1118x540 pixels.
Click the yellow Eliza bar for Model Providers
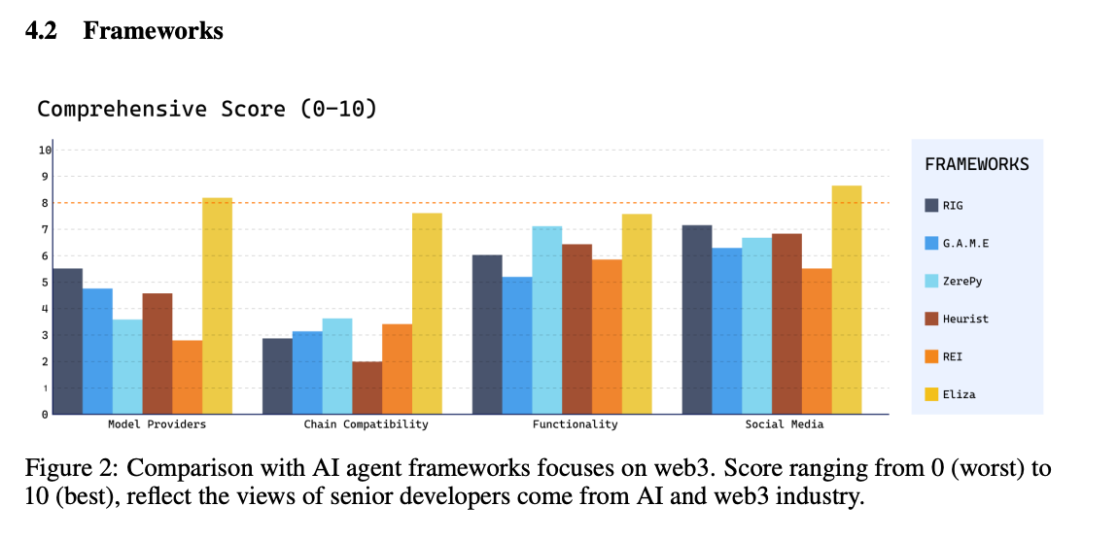[217, 306]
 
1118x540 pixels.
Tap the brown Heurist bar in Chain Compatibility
[367, 388]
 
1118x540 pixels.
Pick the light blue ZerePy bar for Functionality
[546, 320]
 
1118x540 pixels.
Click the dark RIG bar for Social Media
[696, 320]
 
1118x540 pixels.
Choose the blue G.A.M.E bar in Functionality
[516, 345]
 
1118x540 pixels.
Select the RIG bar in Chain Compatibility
[277, 376]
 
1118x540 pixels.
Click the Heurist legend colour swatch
[931, 319]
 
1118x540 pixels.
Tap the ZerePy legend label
[961, 281]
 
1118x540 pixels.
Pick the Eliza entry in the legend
[959, 394]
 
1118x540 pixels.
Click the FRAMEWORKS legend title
[976, 164]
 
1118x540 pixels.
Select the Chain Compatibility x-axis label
[366, 424]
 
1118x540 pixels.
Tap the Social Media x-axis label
[785, 424]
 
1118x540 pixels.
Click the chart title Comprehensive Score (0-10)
[206, 108]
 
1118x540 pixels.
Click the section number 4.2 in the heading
[41, 31]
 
